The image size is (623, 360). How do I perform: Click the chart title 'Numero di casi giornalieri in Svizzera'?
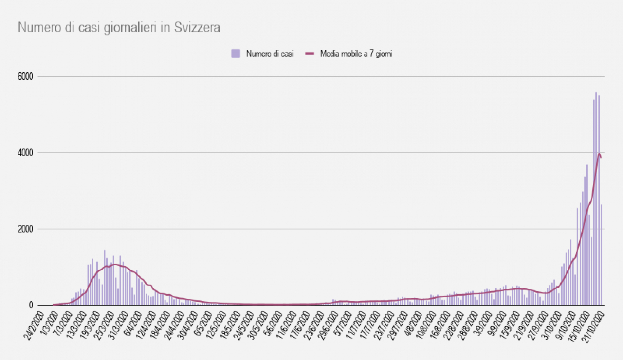point(119,28)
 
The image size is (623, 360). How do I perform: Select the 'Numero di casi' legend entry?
point(270,54)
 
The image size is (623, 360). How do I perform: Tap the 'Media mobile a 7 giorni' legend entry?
point(356,54)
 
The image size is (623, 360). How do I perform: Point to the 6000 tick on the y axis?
point(25,77)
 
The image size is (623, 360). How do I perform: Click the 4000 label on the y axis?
point(25,153)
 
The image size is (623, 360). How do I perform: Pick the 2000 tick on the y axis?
point(25,229)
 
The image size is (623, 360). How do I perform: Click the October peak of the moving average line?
point(599,154)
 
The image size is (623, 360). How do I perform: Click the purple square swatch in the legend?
point(236,54)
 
